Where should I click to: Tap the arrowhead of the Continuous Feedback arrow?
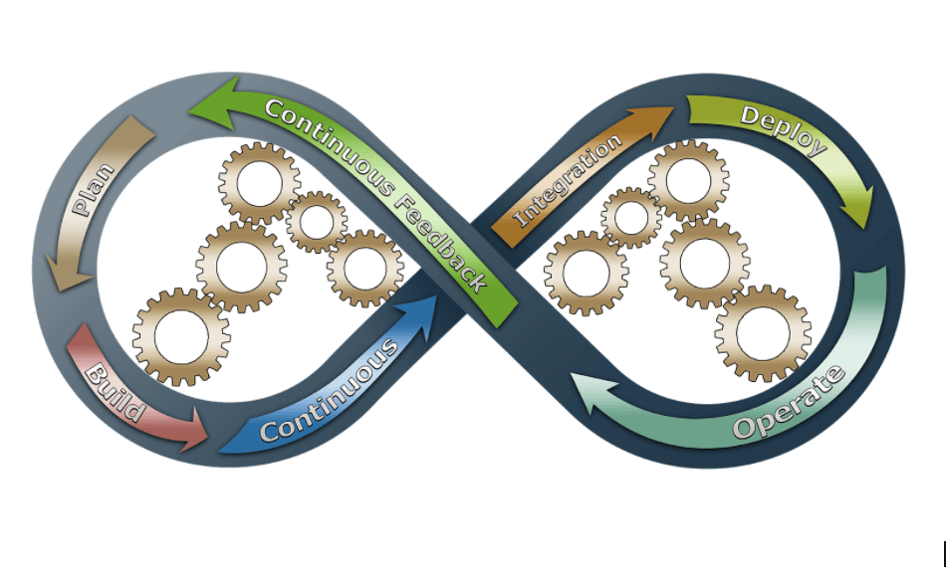211,110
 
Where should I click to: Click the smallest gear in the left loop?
317,222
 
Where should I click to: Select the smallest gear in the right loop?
631,217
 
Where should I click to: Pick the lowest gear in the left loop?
181,336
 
